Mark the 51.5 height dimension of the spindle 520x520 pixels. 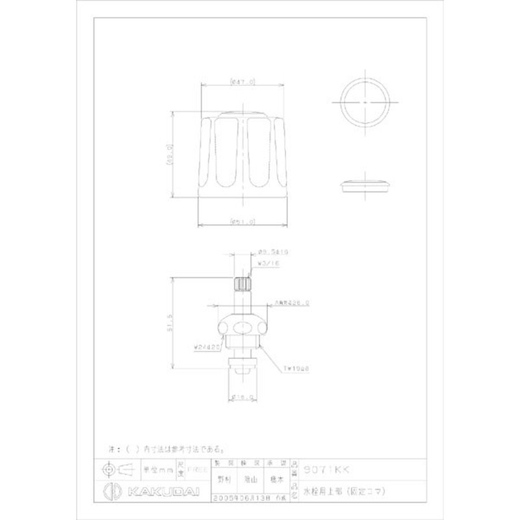pyautogui.click(x=171, y=321)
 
